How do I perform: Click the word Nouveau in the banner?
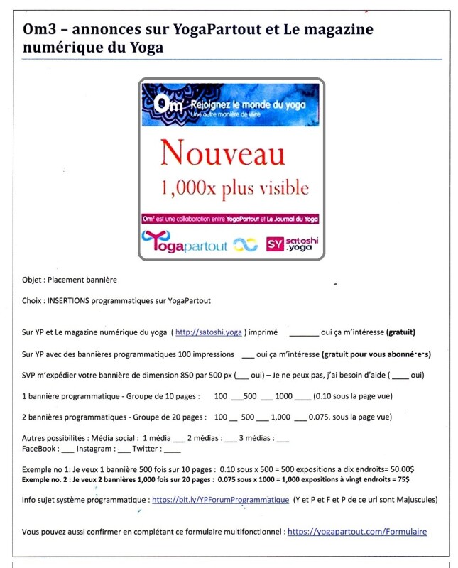pos(222,153)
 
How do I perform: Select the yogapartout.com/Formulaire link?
pos(357,530)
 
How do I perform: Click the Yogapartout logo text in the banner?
pos(186,245)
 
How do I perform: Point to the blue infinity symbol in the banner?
pos(246,246)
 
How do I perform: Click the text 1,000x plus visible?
pos(235,188)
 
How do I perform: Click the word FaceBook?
pos(40,449)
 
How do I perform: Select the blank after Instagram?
pos(124,449)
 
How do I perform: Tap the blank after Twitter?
pos(172,449)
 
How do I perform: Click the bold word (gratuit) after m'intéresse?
pos(400,332)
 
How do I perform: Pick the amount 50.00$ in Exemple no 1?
pos(403,470)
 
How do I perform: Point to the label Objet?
pos(33,280)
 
